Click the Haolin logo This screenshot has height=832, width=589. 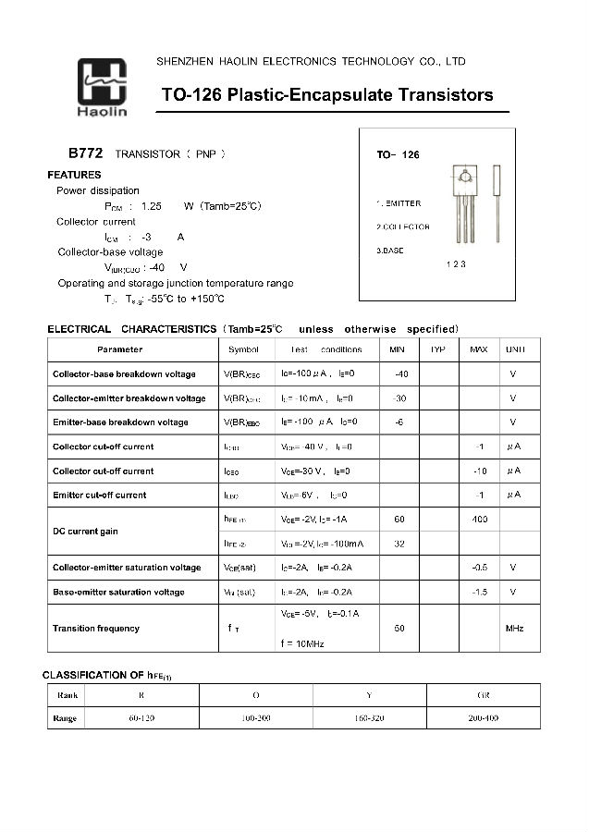click(103, 89)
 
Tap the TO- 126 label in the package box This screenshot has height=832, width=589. click(398, 154)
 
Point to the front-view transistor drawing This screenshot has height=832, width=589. click(464, 207)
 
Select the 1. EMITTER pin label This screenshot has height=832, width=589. click(399, 202)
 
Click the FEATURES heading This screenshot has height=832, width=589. click(74, 175)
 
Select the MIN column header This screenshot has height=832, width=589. click(398, 349)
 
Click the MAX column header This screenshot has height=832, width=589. click(478, 349)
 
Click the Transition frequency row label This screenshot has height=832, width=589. click(96, 629)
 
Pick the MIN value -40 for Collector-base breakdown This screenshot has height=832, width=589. click(400, 374)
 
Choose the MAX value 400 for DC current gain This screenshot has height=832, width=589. click(479, 520)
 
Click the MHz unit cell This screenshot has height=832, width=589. click(514, 629)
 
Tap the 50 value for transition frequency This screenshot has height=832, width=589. click(399, 629)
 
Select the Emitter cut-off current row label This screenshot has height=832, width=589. click(100, 495)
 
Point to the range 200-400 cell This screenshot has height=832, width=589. click(483, 717)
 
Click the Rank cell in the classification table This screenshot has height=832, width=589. click(67, 694)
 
